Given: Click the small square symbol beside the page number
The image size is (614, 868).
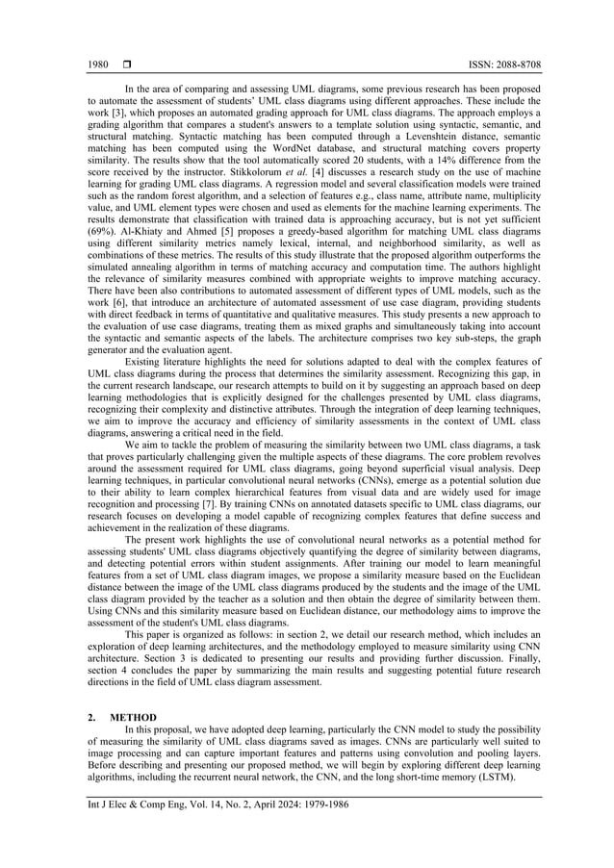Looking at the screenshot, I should click(126, 64).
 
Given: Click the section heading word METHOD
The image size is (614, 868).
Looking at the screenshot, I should click(133, 717).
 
